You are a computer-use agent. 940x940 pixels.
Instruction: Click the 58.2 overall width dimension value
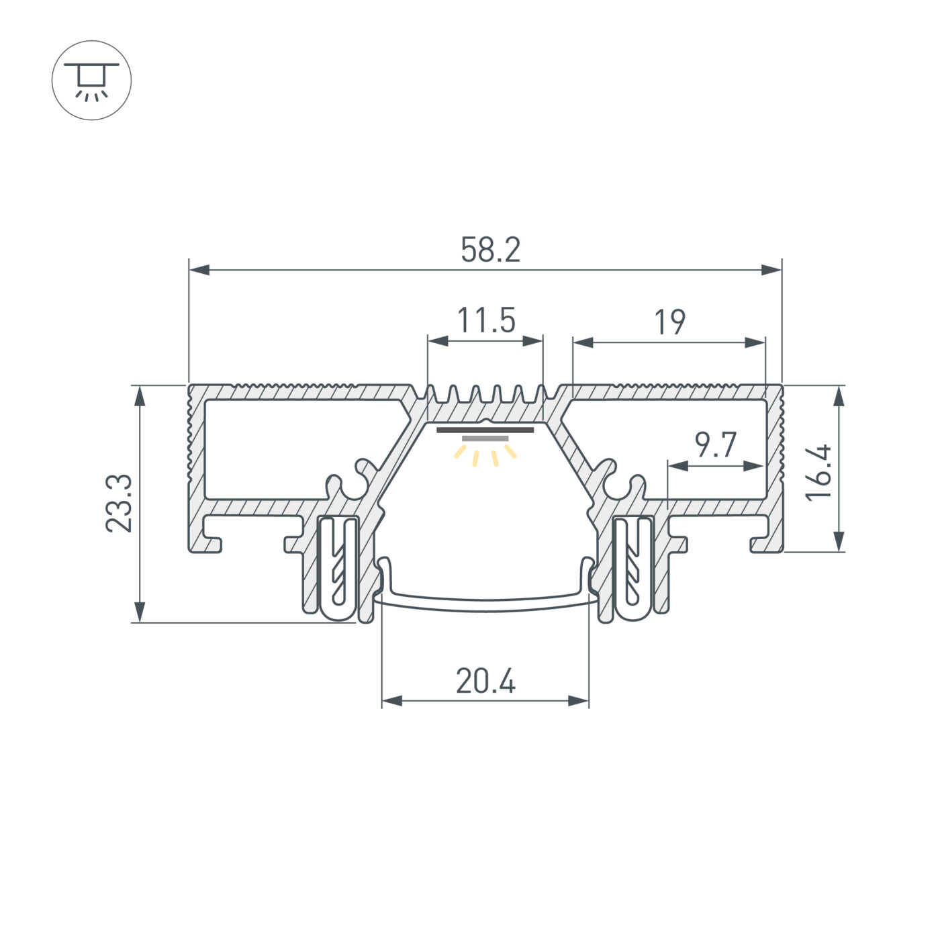tap(490, 250)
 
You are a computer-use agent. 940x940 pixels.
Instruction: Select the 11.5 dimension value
tap(485, 320)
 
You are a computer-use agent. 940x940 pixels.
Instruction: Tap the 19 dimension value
tap(669, 322)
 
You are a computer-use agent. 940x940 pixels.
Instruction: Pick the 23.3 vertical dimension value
tap(120, 504)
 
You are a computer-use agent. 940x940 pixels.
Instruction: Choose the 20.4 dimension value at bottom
tap(485, 682)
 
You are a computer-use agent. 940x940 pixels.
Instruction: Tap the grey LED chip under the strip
tap(485, 438)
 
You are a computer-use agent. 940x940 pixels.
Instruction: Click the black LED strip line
tap(485, 429)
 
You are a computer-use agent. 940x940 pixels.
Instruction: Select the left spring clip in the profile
tap(336, 567)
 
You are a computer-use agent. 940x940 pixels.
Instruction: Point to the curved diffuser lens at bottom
tap(485, 606)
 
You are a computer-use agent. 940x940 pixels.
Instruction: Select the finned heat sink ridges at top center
tap(485, 395)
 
